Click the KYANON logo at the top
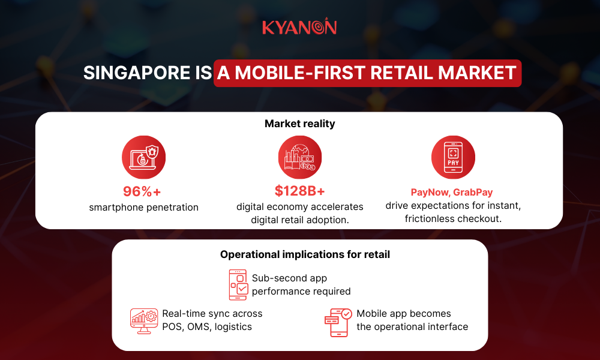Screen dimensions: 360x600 tap(299, 27)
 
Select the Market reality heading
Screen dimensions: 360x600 tap(299, 124)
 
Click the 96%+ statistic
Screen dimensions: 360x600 tap(142, 191)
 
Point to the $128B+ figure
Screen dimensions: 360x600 tap(299, 191)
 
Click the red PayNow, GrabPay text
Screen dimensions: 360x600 tap(452, 193)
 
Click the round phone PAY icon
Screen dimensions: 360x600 tap(453, 157)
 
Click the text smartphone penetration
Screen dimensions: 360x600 tap(143, 208)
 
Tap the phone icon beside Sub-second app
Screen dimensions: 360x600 tap(238, 284)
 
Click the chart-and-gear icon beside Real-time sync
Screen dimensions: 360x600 tap(144, 320)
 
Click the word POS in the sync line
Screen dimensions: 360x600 tap(173, 327)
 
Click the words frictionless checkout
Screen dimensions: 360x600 tap(453, 219)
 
